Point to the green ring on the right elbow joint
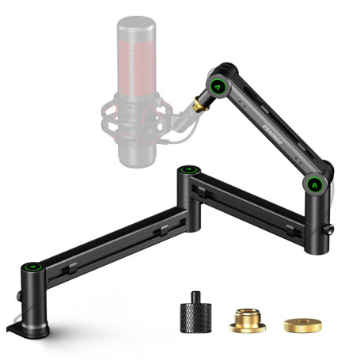(x=315, y=184)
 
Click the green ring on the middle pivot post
(x=188, y=169)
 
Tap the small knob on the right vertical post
(x=329, y=230)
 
